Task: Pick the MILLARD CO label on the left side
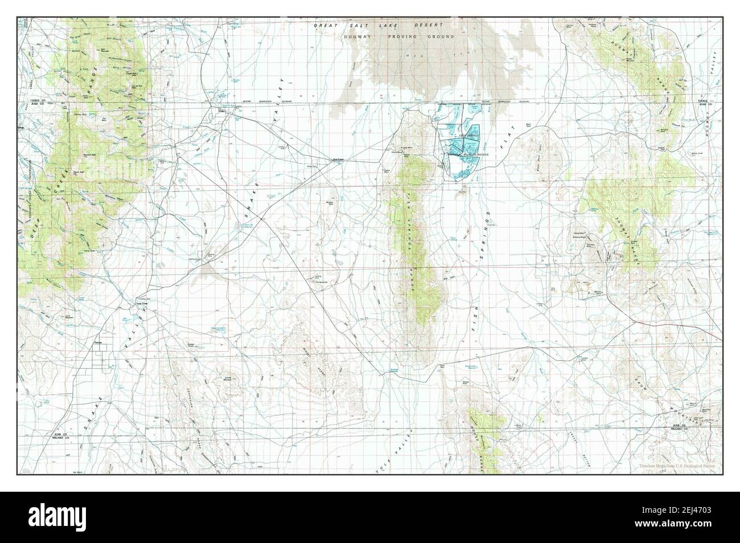point(57,439)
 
